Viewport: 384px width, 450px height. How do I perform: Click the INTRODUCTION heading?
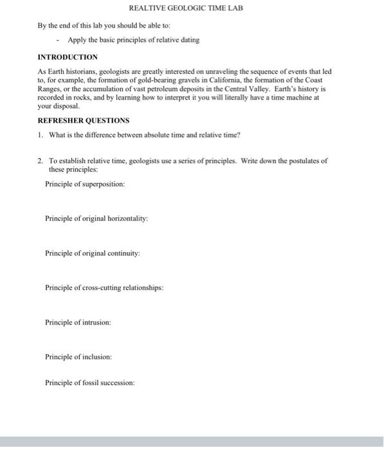pyautogui.click(x=68, y=57)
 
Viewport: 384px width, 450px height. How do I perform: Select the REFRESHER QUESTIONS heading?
pyautogui.click(x=83, y=120)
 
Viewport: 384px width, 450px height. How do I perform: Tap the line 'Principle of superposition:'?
pyautogui.click(x=85, y=184)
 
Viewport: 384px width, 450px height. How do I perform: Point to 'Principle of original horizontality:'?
pyautogui.click(x=96, y=219)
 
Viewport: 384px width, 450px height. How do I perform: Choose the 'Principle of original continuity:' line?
pyautogui.click(x=93, y=253)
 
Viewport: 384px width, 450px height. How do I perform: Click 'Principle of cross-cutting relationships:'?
pyautogui.click(x=104, y=287)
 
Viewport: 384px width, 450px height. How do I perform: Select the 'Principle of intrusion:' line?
pyautogui.click(x=78, y=322)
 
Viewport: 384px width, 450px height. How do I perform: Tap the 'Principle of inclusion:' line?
pyautogui.click(x=78, y=356)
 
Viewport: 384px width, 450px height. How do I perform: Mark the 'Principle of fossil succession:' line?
pyautogui.click(x=90, y=382)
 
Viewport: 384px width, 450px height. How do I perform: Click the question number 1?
pyautogui.click(x=40, y=134)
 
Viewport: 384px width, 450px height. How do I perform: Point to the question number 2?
pyautogui.click(x=40, y=161)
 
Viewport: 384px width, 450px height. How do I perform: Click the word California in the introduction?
pyautogui.click(x=223, y=80)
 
